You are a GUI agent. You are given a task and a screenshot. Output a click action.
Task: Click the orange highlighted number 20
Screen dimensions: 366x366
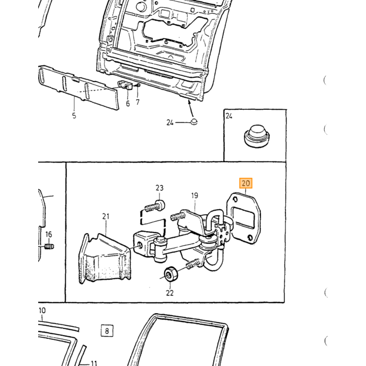[246, 183]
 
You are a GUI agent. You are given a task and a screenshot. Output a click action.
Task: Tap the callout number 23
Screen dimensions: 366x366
[159, 188]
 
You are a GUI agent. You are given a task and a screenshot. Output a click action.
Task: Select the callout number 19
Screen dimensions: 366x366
[195, 196]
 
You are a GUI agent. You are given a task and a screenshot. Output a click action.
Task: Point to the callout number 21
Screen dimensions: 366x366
[106, 216]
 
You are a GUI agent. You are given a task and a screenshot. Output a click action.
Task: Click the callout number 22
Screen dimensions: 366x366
[170, 293]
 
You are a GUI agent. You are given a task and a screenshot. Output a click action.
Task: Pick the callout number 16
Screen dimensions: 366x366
[49, 234]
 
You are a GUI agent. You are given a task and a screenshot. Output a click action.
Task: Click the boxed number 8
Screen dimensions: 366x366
[107, 331]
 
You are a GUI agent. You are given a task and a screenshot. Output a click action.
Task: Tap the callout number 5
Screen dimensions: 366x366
[74, 116]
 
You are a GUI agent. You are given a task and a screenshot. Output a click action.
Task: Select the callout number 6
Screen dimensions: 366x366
[128, 104]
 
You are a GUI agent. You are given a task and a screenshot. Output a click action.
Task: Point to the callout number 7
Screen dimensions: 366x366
[138, 102]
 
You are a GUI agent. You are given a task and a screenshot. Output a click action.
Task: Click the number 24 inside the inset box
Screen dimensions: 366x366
[229, 116]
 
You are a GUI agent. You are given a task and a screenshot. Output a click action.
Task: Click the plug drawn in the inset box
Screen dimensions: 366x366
[257, 136]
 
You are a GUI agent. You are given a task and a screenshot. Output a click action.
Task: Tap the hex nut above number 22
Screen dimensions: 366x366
[171, 274]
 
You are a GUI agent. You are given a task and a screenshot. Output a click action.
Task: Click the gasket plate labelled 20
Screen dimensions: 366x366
[244, 218]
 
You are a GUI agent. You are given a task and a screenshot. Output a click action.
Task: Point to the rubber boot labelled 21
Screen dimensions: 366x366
[105, 259]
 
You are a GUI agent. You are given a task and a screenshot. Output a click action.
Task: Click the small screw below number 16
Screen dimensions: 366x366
[49, 246]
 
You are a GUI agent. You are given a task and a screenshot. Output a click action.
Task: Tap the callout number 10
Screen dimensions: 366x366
[42, 311]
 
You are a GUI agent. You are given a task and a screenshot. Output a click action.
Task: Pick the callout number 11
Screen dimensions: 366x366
[94, 363]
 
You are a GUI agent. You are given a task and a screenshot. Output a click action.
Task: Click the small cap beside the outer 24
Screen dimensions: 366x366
[194, 122]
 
